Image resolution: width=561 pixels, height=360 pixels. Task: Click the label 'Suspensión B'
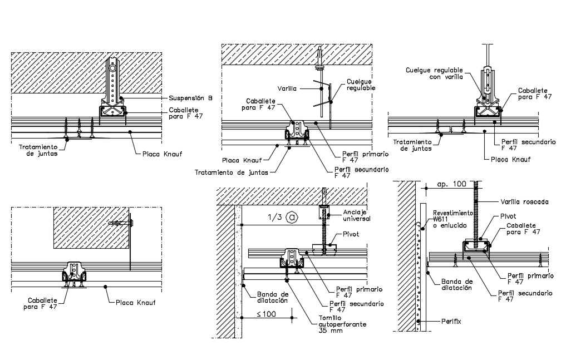(x=191, y=98)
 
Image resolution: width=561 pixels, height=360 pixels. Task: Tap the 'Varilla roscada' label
(x=525, y=201)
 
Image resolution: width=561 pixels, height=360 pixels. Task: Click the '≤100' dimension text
(x=267, y=314)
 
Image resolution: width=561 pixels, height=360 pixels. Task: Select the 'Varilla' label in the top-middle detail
(x=287, y=88)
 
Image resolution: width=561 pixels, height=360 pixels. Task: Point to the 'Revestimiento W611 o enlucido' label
(x=452, y=219)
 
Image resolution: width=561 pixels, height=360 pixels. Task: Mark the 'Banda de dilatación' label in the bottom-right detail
(x=456, y=284)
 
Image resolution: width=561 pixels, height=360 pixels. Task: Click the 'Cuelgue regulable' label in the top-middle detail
(x=361, y=84)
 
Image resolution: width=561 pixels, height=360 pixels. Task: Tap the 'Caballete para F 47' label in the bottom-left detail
(x=41, y=303)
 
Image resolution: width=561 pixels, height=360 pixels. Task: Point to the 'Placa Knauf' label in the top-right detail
(x=511, y=159)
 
